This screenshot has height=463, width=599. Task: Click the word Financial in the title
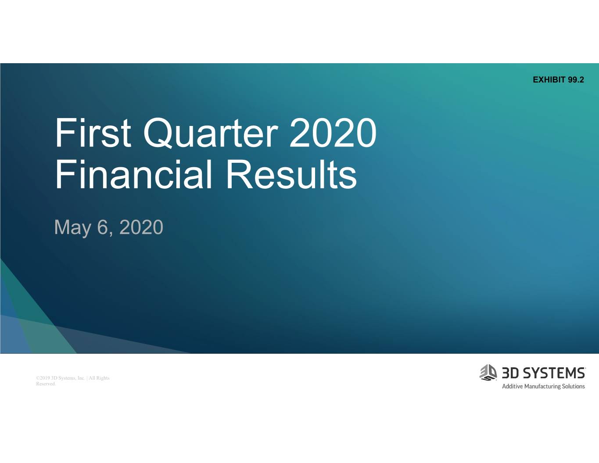133,175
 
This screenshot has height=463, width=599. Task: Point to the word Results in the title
291,175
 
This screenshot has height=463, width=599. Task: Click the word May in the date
72,228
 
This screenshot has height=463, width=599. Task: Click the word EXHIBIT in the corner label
549,79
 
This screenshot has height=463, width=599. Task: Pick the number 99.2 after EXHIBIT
576,79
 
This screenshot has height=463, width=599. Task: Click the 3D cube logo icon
488,373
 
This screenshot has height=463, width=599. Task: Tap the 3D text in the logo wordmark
510,373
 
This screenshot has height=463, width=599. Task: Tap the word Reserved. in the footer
46,384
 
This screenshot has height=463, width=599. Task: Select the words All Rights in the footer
99,378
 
